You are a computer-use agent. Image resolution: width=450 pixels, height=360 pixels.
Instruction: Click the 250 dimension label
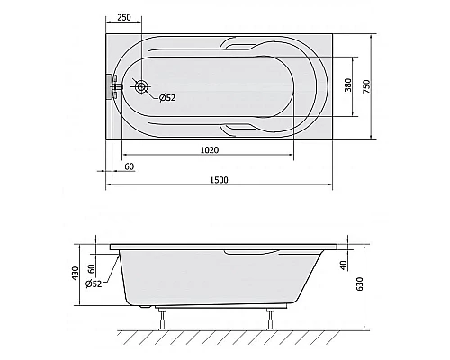pos(124,17)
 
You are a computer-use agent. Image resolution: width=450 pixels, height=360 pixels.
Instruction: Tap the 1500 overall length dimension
pos(219,180)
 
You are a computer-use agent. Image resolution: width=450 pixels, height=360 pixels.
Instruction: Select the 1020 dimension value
pos(210,149)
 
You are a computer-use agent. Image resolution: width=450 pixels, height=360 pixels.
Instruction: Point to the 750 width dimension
pos(367,86)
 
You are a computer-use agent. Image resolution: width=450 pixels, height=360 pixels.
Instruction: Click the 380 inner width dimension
pos(348,85)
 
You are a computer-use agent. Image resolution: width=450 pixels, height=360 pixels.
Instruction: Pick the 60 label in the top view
pos(130,166)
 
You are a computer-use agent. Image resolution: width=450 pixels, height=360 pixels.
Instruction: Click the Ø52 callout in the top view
pos(167,97)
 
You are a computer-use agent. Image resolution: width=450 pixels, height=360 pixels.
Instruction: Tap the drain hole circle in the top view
pos(140,86)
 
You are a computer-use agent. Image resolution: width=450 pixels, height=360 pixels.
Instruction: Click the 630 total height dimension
pos(359,283)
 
